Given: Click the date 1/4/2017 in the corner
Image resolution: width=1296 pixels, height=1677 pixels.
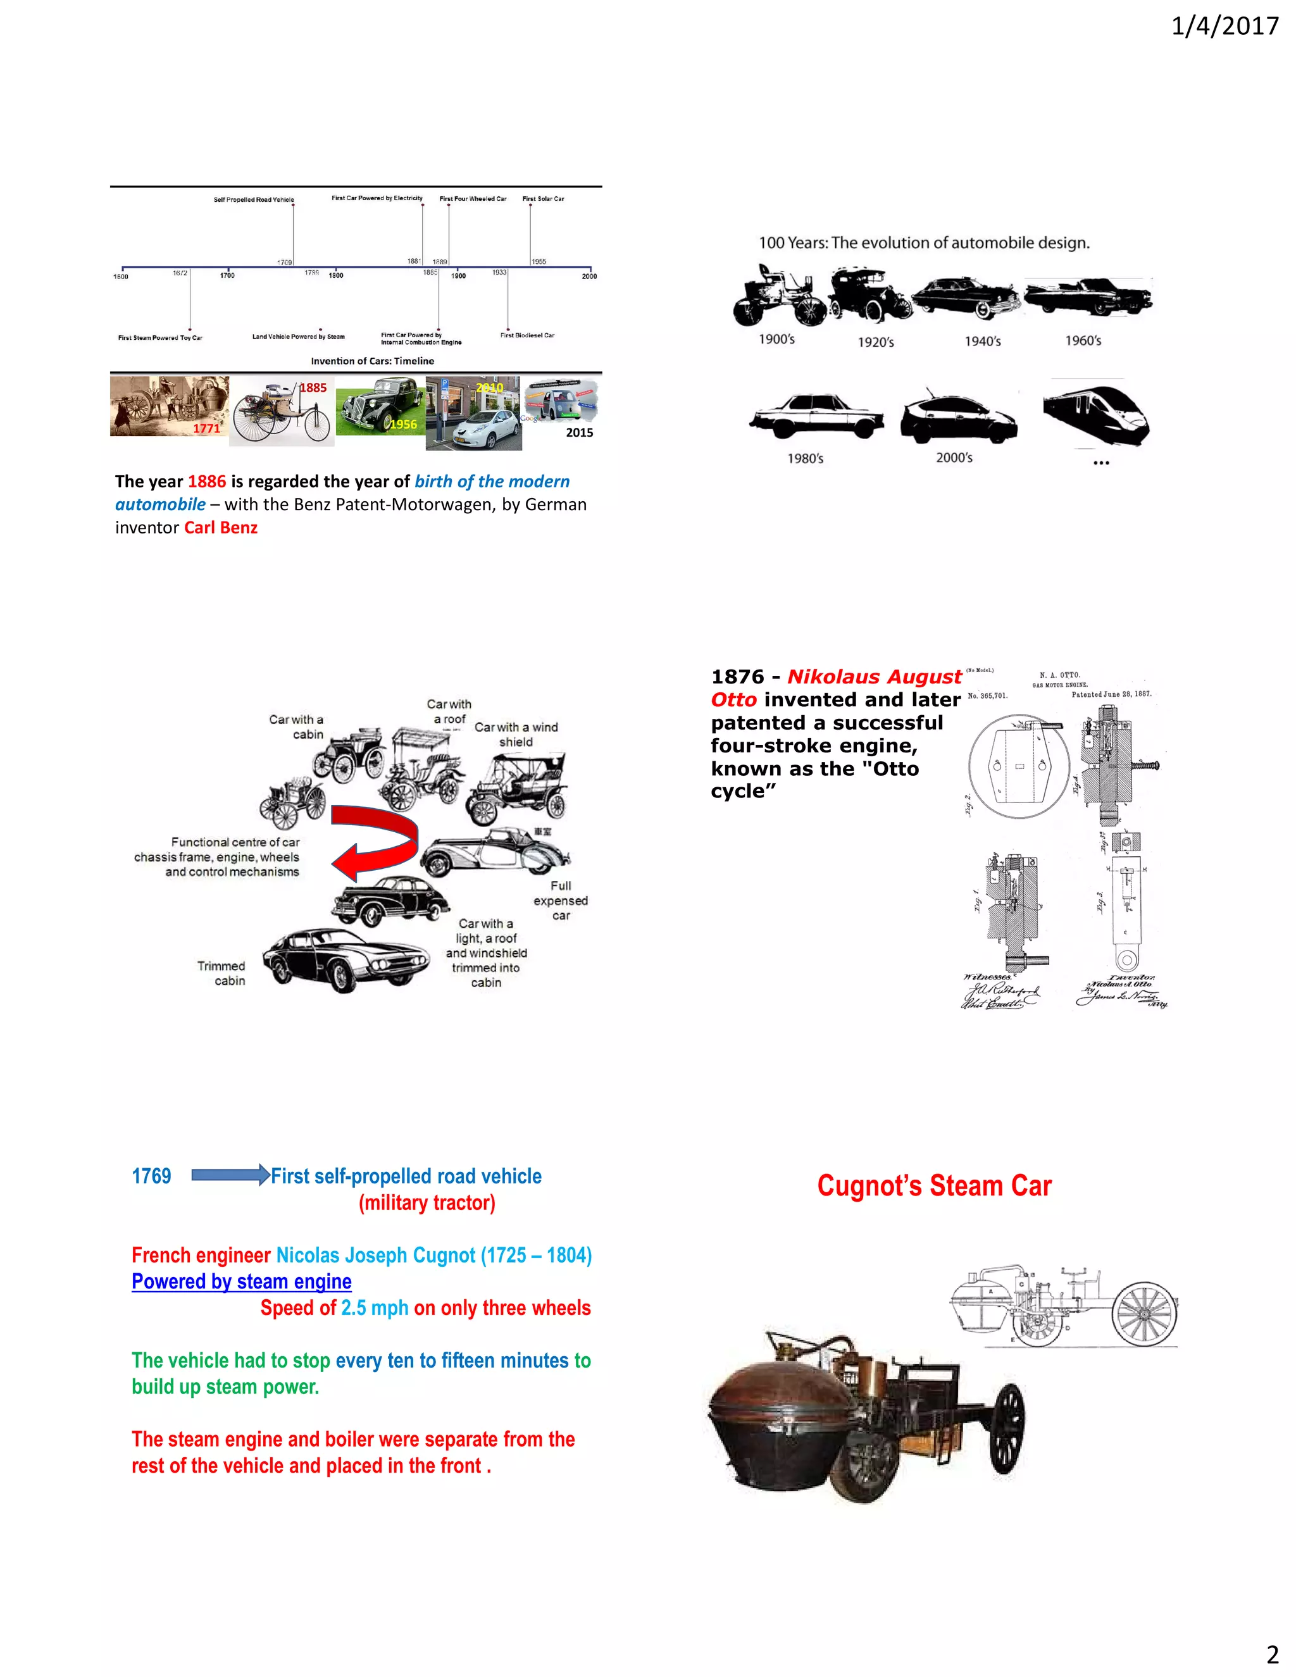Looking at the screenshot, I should pyautogui.click(x=1224, y=27).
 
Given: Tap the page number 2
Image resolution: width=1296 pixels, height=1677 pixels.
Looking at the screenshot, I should pyautogui.click(x=1272, y=1653).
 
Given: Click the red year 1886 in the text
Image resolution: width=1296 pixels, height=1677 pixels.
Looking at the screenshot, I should pyautogui.click(x=206, y=482).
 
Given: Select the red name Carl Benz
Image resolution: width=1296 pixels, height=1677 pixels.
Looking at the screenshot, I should pyautogui.click(x=220, y=528).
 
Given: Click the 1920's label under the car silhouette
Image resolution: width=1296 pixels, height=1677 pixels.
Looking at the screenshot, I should pyautogui.click(x=875, y=342).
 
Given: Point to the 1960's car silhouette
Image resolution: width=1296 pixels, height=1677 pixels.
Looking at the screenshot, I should pyautogui.click(x=1088, y=296).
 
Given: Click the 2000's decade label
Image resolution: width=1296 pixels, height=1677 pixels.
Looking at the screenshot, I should pyautogui.click(x=954, y=458).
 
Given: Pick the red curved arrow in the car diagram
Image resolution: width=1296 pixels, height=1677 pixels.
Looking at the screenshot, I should pyautogui.click(x=377, y=842).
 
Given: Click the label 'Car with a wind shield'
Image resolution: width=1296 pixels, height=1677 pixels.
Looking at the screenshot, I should pyautogui.click(x=516, y=734).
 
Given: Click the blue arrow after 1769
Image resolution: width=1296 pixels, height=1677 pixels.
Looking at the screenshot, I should pyautogui.click(x=230, y=1175).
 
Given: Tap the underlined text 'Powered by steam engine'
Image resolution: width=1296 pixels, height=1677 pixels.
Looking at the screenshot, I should pyautogui.click(x=241, y=1281).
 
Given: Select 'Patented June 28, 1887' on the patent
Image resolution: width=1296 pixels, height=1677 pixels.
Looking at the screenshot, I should pyautogui.click(x=1111, y=694).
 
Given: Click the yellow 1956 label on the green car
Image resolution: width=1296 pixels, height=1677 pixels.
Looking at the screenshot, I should pyautogui.click(x=402, y=425).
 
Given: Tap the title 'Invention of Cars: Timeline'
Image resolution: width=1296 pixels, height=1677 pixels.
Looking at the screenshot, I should pyautogui.click(x=372, y=361).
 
